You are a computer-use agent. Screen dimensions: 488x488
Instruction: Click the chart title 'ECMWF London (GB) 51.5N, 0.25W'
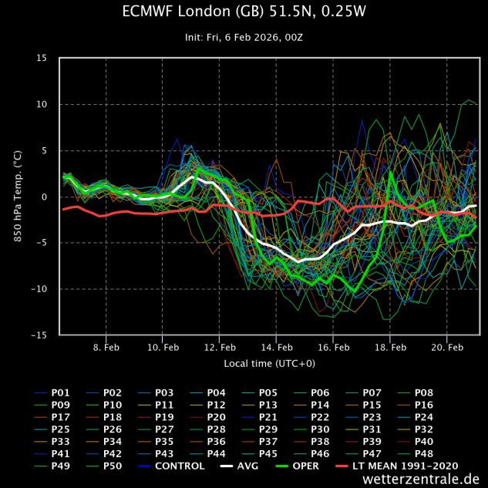(244, 12)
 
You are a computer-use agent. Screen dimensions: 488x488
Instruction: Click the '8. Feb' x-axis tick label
(106, 348)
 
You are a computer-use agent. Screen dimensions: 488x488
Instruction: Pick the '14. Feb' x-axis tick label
(277, 348)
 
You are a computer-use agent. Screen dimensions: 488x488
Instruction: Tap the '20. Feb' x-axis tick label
(447, 348)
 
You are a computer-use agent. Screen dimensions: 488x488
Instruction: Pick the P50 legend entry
(113, 466)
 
